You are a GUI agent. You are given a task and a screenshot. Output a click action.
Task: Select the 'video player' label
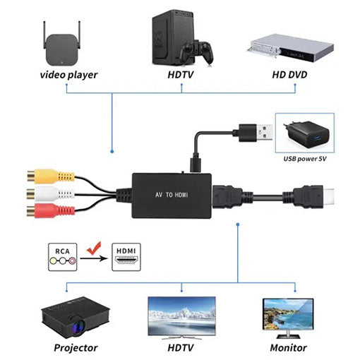(68, 74)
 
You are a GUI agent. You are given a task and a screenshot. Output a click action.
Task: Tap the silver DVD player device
(290, 47)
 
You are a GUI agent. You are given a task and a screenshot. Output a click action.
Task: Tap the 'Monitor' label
(288, 347)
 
